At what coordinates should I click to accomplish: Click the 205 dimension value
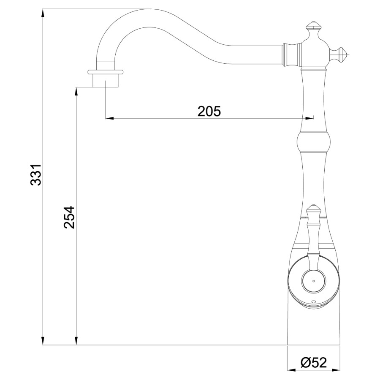(209, 111)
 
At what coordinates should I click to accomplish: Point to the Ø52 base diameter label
(314, 362)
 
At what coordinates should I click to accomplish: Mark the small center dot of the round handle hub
(313, 280)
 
